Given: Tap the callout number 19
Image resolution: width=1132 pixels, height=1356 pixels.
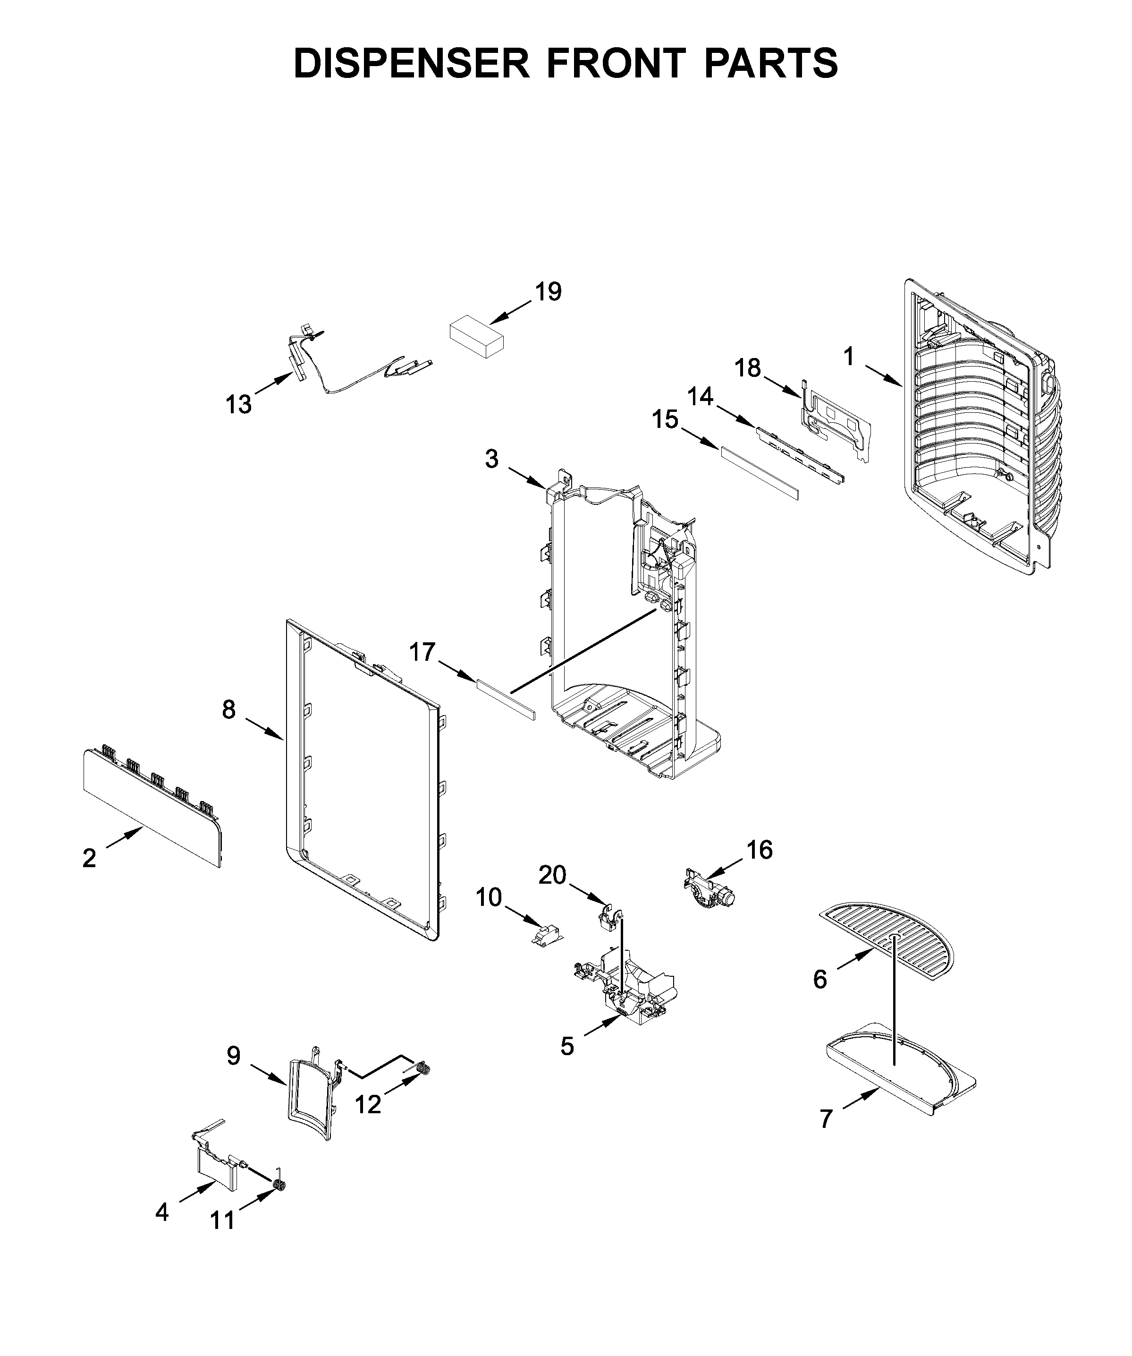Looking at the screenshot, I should (548, 292).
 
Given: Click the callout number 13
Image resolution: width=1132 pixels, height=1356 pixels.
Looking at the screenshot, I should (238, 405).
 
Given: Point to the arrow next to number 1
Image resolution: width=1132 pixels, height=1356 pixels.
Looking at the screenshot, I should (884, 376).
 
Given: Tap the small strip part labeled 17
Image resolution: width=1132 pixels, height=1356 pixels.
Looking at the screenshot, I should (506, 700).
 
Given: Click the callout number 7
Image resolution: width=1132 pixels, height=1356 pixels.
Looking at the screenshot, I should (826, 1118).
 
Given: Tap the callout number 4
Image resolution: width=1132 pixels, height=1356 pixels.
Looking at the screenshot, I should (162, 1212).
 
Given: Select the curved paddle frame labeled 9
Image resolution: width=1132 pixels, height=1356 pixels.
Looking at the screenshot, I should (312, 1098).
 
